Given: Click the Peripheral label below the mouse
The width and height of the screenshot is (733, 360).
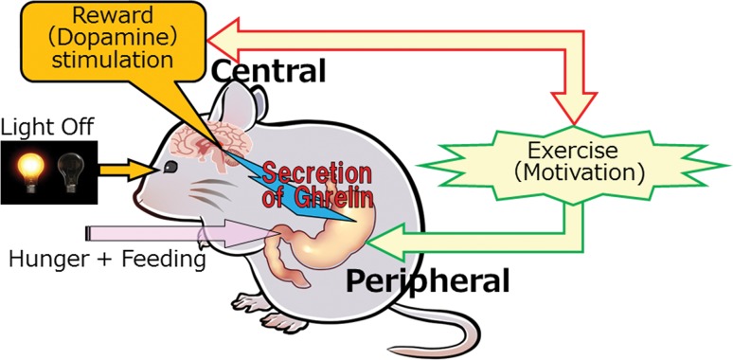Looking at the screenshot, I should [427, 281].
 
